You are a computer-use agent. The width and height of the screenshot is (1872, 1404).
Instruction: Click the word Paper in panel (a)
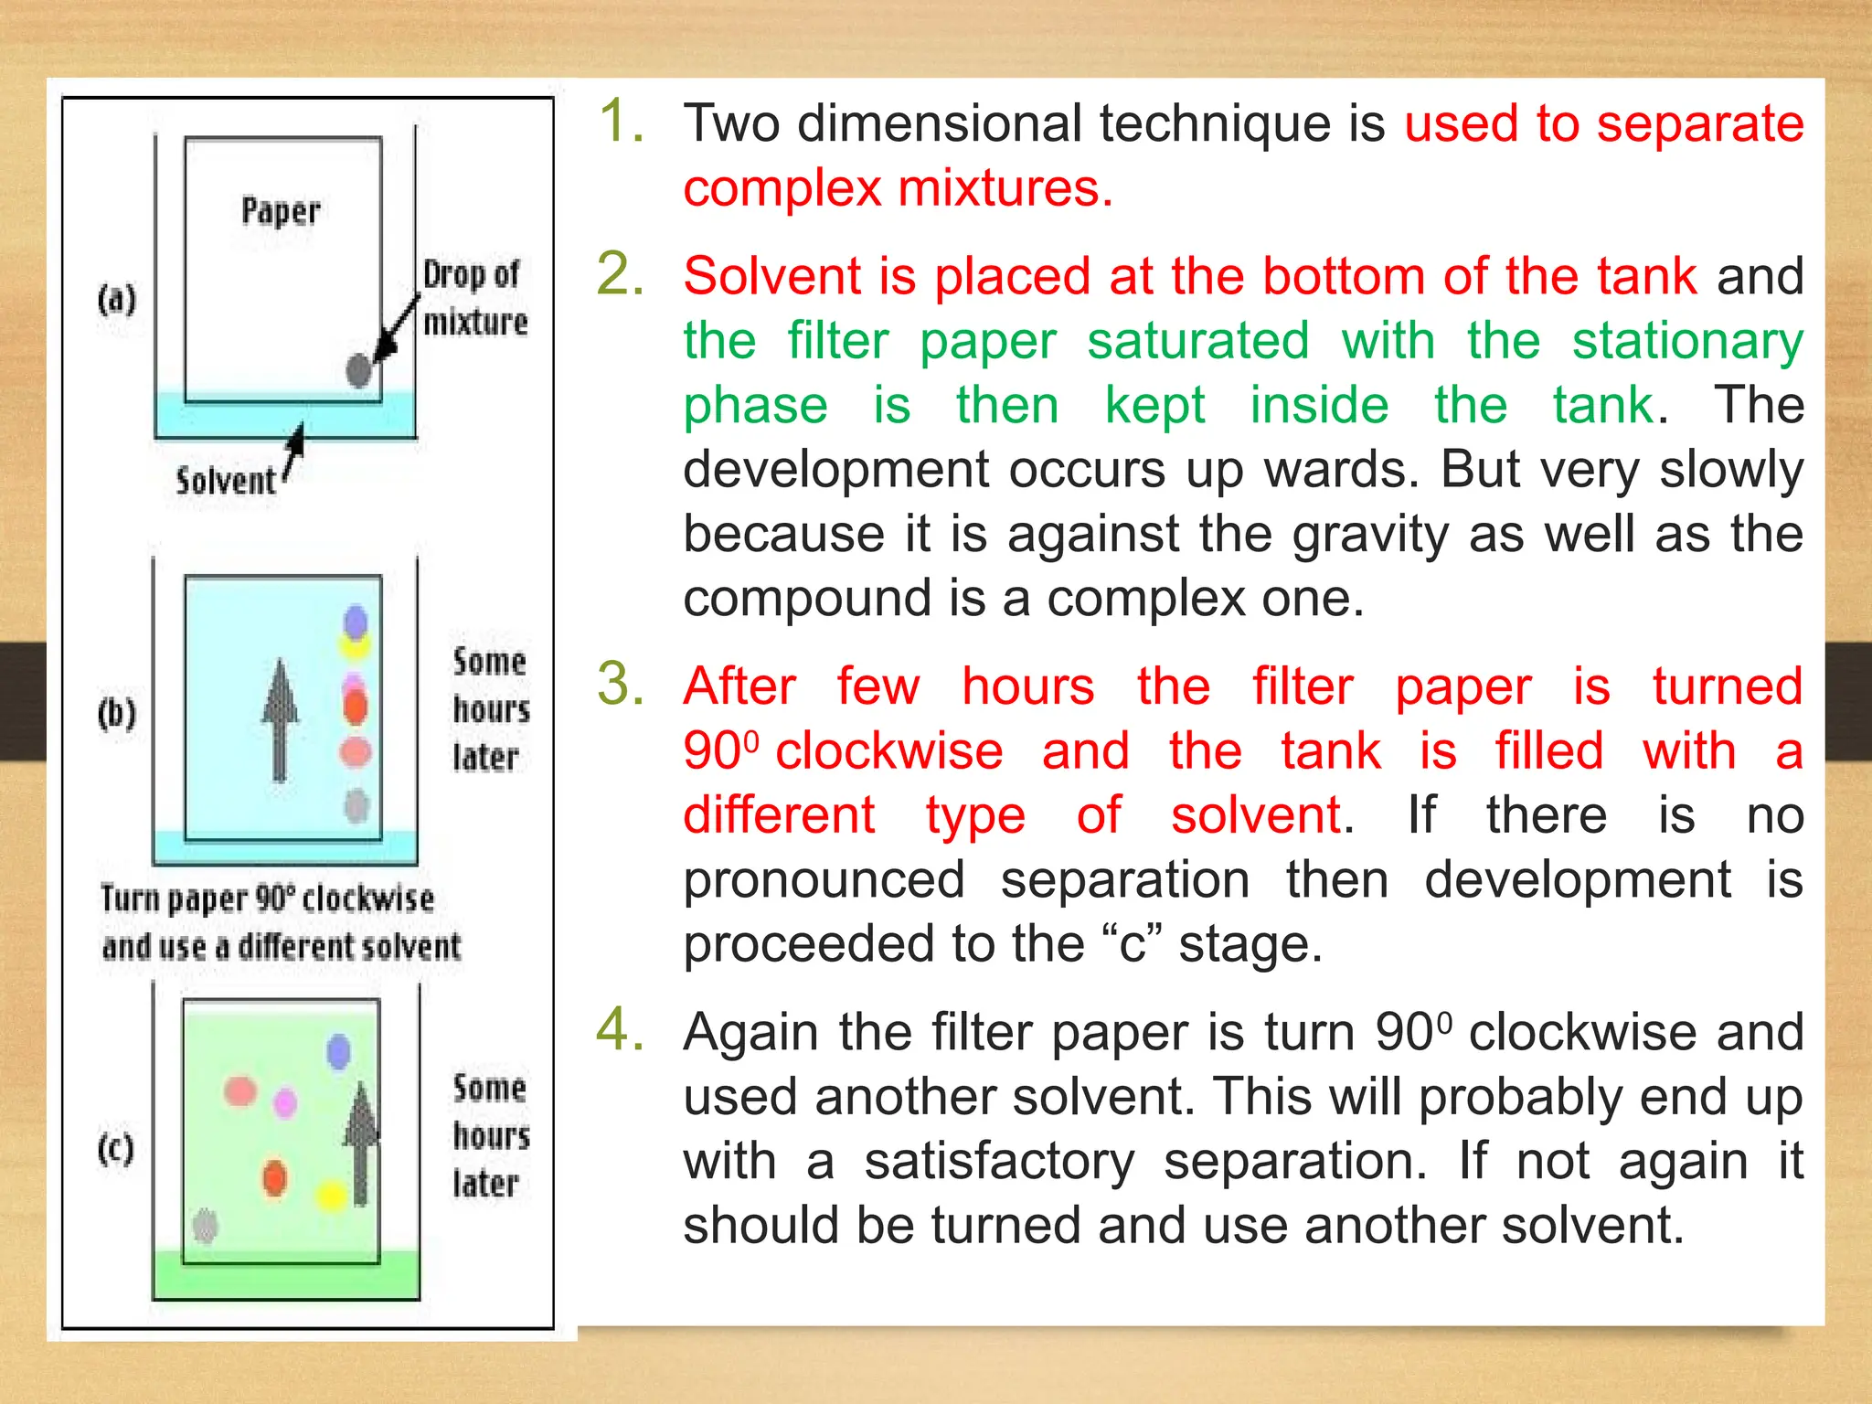pyautogui.click(x=281, y=211)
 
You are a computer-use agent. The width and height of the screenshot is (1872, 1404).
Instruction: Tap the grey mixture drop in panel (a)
pyautogui.click(x=359, y=370)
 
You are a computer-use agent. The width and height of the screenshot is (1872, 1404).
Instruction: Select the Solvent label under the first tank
pyautogui.click(x=225, y=481)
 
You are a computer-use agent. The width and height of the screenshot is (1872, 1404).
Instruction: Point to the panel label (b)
pyautogui.click(x=117, y=713)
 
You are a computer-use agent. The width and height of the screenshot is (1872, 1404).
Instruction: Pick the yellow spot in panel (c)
pyautogui.click(x=331, y=1195)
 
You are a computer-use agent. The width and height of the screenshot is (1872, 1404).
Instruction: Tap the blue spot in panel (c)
pyautogui.click(x=338, y=1051)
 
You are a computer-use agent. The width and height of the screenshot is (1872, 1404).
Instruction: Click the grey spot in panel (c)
pyautogui.click(x=206, y=1225)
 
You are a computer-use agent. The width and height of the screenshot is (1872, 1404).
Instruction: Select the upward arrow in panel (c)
pyautogui.click(x=362, y=1143)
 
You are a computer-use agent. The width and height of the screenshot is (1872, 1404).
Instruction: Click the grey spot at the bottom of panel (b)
pyautogui.click(x=356, y=805)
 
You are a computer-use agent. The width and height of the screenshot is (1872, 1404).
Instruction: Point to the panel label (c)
pyautogui.click(x=116, y=1149)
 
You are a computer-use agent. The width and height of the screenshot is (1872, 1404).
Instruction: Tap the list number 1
pyautogui.click(x=622, y=122)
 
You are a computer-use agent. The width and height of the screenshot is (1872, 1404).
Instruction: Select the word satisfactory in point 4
pyautogui.click(x=999, y=1161)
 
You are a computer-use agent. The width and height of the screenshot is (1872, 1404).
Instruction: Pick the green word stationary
pyautogui.click(x=1687, y=341)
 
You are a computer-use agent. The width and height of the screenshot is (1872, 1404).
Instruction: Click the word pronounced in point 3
pyautogui.click(x=824, y=880)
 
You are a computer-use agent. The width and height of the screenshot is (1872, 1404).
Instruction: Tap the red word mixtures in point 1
pyautogui.click(x=1005, y=188)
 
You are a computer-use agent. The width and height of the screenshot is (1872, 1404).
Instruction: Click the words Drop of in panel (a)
pyautogui.click(x=471, y=274)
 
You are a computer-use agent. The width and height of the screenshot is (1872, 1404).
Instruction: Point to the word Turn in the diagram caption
pyautogui.click(x=129, y=899)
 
